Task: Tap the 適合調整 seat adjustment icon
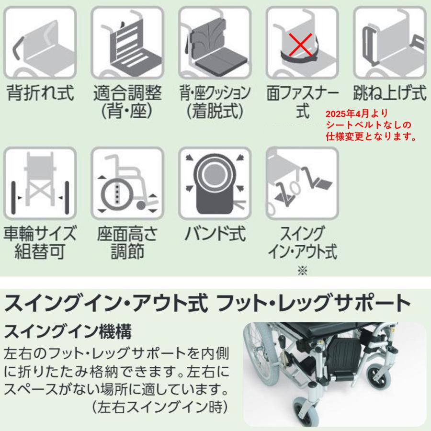point(127,42)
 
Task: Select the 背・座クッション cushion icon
point(215,42)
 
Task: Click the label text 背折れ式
point(40,93)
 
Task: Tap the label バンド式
point(215,235)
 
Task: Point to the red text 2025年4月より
point(357,115)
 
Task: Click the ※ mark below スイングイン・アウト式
point(302,271)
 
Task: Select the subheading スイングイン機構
point(68,330)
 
